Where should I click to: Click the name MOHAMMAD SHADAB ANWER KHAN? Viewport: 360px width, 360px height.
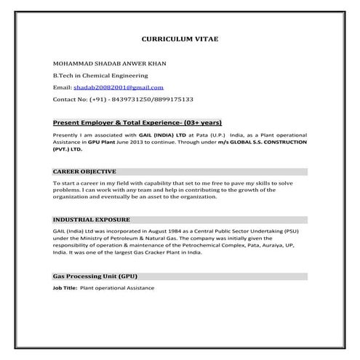click(110, 63)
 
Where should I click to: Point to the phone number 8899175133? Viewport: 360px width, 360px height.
click(172, 98)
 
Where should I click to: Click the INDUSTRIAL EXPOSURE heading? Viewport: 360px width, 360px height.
click(91, 219)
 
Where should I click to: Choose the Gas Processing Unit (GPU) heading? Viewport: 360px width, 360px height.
click(95, 277)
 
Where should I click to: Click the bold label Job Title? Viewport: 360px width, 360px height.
click(65, 288)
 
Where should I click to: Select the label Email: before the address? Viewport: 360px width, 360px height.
click(62, 87)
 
